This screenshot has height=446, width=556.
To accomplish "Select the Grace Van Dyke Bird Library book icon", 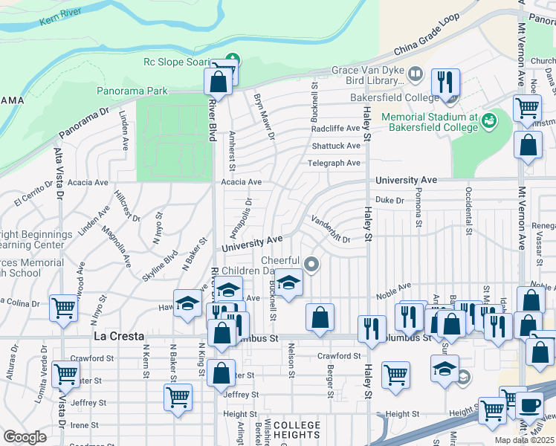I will coord(415,74).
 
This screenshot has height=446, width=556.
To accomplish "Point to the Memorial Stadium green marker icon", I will coord(488,120).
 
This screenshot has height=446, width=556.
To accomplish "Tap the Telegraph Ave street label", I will coord(334,163).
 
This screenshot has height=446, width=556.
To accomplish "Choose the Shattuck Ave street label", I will coord(335,146).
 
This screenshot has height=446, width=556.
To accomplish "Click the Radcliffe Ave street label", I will coord(335,128).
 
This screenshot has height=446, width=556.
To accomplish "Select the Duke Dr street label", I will coord(389,200).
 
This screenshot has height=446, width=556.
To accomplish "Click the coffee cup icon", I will coord(530,406).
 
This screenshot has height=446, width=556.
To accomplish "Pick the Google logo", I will coord(25,437).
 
